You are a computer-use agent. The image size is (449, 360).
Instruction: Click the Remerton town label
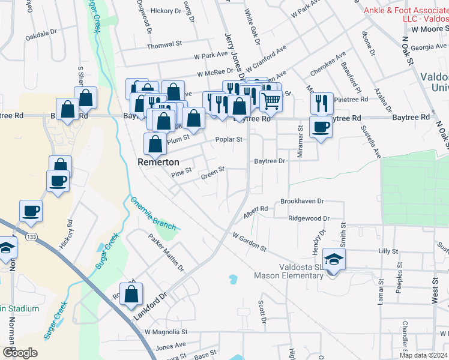coord(158,162)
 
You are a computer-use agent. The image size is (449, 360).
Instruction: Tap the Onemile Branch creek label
coord(154,214)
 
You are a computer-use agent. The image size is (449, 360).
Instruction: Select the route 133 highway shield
coord(31,238)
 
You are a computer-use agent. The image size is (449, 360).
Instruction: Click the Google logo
coord(20,353)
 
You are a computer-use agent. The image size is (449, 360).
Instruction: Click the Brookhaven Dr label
coord(302,202)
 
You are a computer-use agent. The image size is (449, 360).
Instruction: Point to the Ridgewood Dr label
coord(309,219)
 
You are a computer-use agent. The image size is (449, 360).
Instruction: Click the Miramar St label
coord(301,146)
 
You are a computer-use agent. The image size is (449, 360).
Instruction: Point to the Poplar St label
coord(229,140)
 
